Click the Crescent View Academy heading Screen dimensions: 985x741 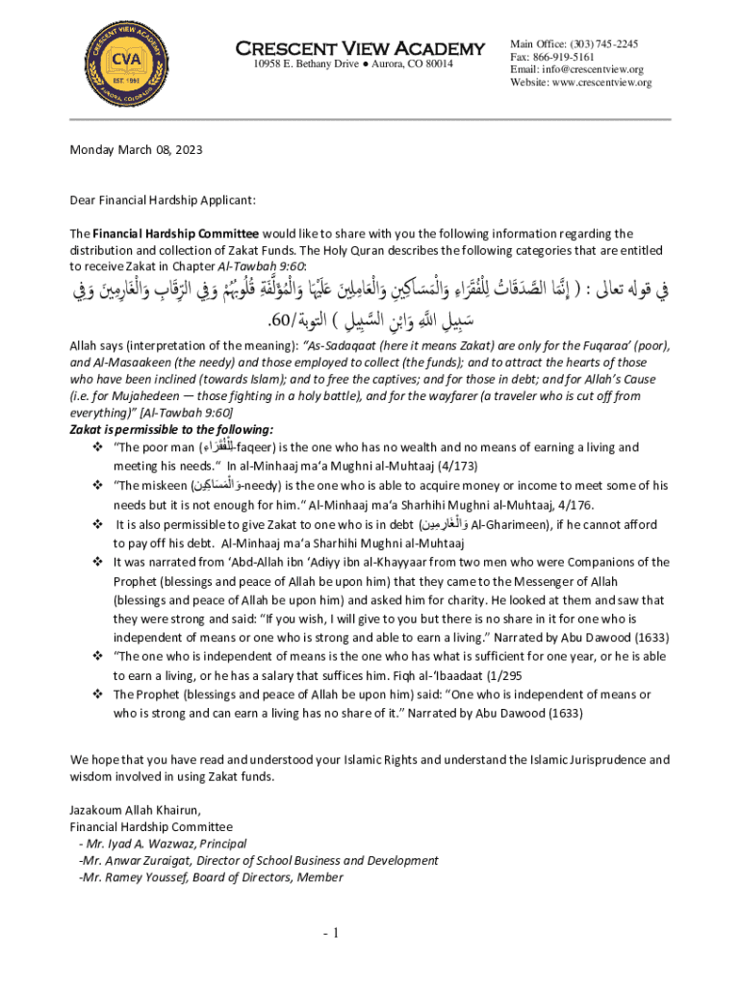pyautogui.click(x=361, y=48)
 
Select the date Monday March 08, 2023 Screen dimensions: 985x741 pyautogui.click(x=136, y=150)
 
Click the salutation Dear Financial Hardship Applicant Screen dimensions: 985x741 pyautogui.click(x=163, y=200)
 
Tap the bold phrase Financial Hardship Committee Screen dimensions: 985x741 pyautogui.click(x=175, y=234)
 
